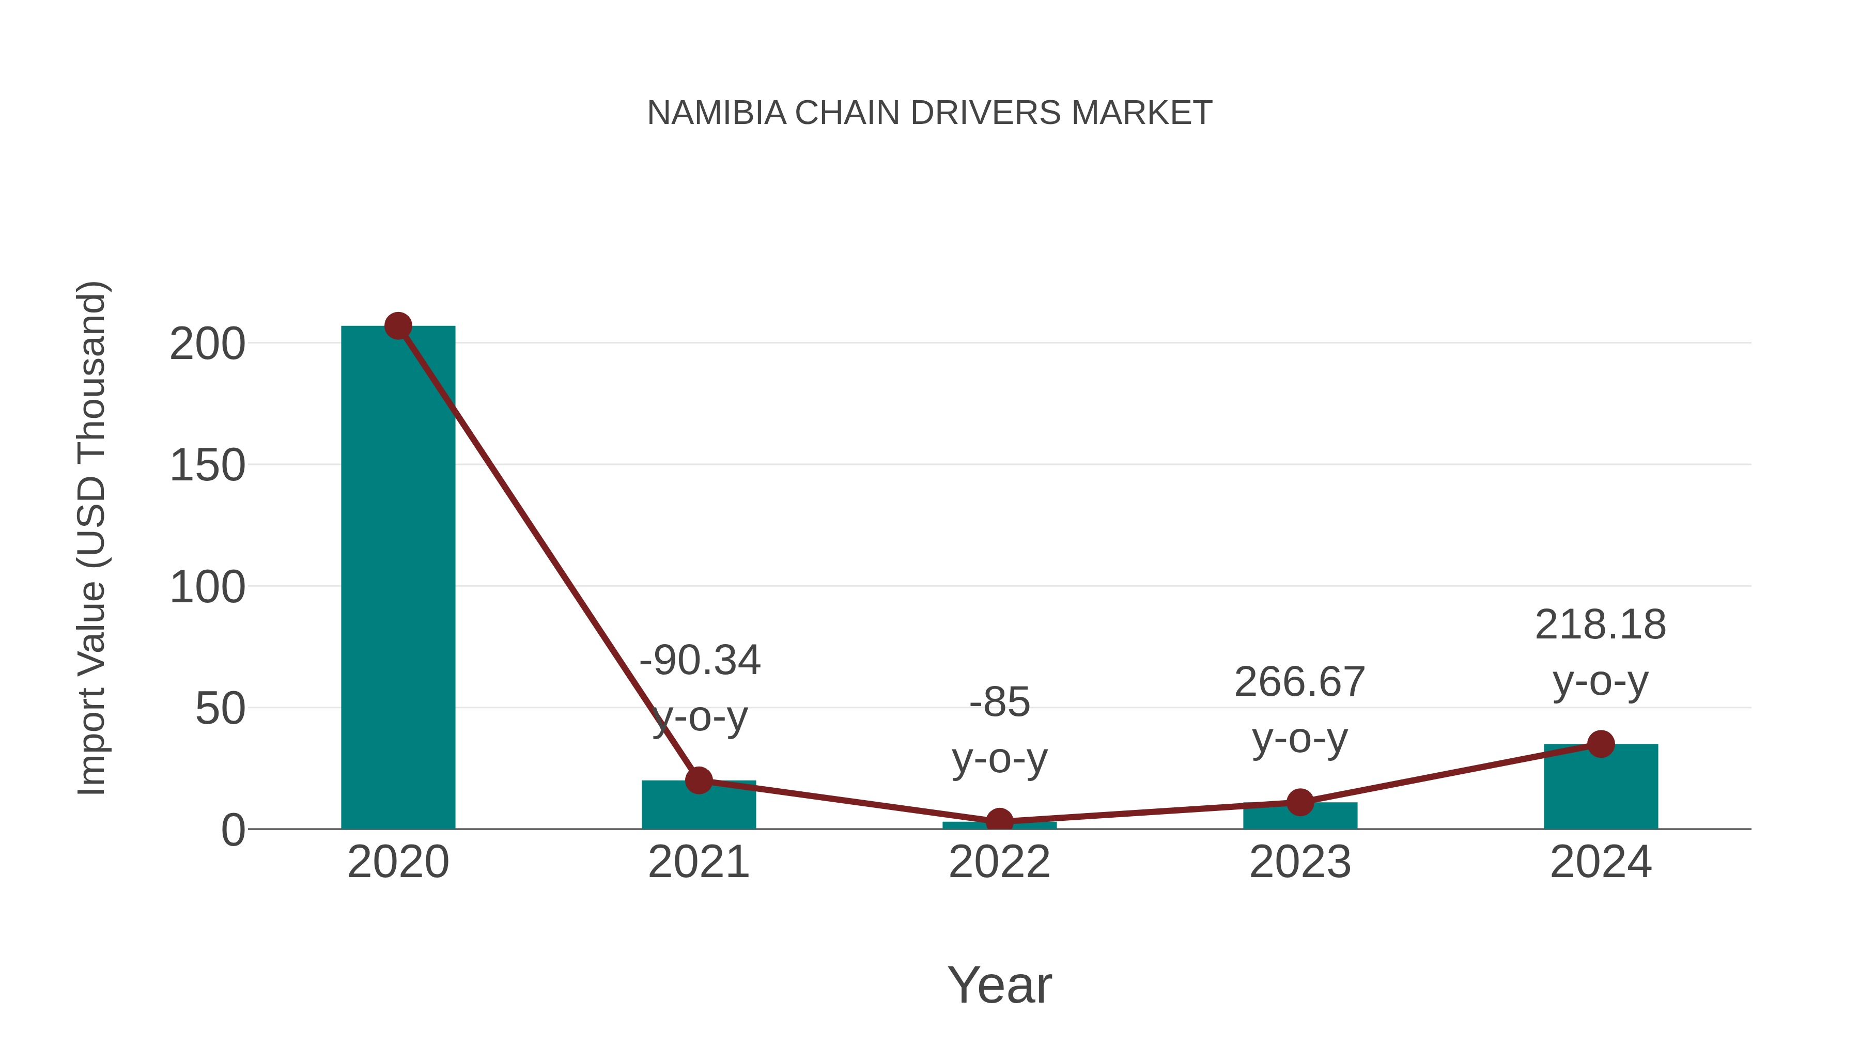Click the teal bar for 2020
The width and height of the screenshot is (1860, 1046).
click(x=398, y=577)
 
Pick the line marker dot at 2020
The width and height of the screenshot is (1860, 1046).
click(x=398, y=326)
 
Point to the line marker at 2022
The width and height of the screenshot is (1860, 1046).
click(x=999, y=821)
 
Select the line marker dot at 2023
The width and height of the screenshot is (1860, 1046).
click(x=1300, y=802)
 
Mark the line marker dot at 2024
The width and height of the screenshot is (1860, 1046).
click(x=1601, y=743)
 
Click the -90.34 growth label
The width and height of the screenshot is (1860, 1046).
click(x=700, y=661)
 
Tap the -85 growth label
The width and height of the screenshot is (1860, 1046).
click(x=999, y=702)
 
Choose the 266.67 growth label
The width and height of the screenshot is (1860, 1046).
click(x=1300, y=682)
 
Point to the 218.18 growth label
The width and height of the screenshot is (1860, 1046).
click(x=1600, y=625)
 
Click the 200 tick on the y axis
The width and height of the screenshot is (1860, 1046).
click(x=207, y=345)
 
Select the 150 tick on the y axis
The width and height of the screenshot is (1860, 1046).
click(x=207, y=465)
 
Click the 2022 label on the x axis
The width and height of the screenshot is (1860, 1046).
click(x=999, y=862)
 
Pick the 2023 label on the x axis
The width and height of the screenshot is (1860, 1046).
click(x=1300, y=862)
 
